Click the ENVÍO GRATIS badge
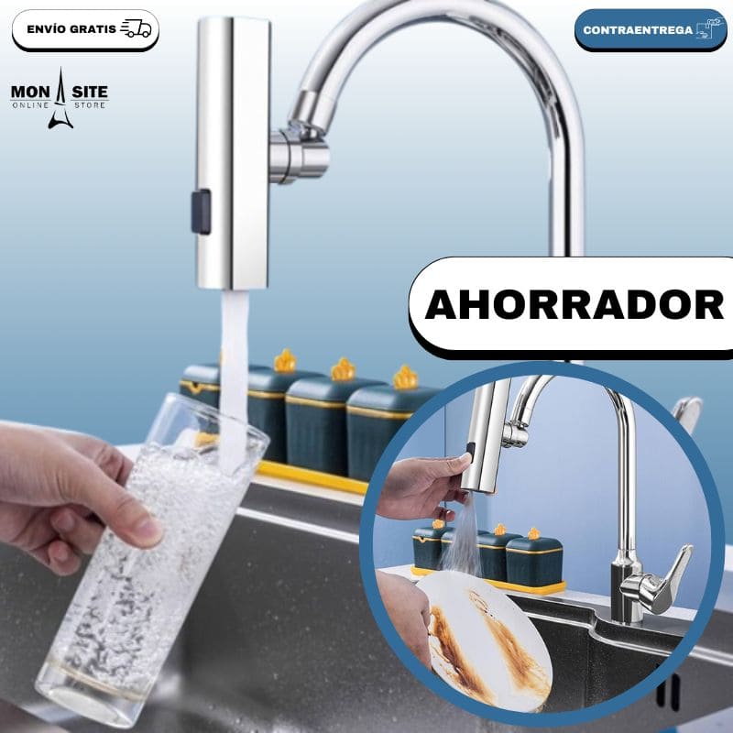tap(85, 29)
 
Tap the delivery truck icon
tap(136, 28)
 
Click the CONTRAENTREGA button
tap(650, 29)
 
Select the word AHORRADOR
tap(574, 306)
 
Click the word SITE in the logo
tap(88, 93)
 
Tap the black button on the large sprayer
tap(201, 211)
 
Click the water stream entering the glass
tap(234, 366)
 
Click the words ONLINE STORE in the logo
tap(60, 106)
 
